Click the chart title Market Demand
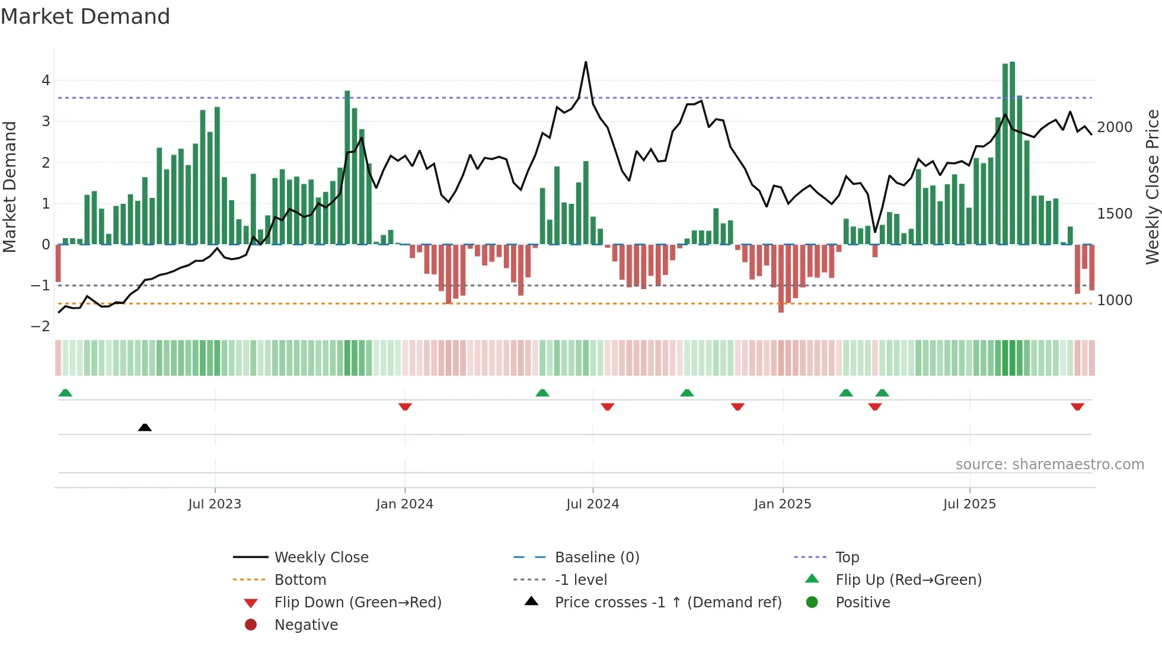[85, 17]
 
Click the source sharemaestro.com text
[1049, 465]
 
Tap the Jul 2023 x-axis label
[215, 504]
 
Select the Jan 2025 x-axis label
[783, 504]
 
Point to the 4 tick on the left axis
[46, 81]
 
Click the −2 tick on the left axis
[41, 326]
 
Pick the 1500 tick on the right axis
[1115, 214]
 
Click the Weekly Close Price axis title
[1152, 187]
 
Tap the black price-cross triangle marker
[145, 427]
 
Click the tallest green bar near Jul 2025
[1012, 153]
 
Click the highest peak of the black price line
[586, 62]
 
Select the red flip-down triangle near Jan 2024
[405, 406]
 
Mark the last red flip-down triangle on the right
[1077, 406]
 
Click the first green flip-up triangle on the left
[65, 393]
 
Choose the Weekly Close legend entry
[321, 558]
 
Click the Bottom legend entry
[300, 580]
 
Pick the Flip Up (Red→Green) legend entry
[908, 580]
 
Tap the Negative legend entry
[306, 625]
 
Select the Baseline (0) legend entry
[597, 558]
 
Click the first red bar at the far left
[58, 263]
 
